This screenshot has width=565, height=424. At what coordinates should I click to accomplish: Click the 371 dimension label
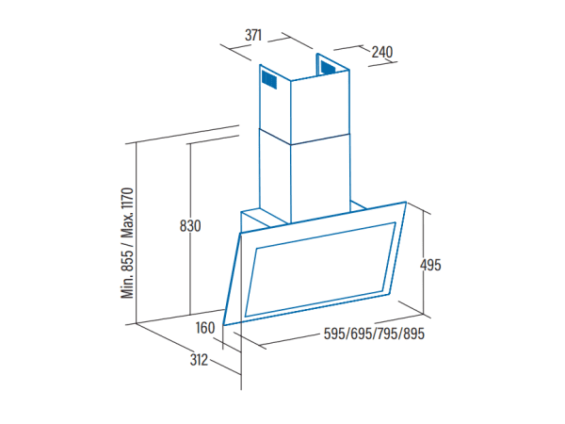point(253,36)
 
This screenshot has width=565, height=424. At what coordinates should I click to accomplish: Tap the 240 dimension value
point(382,52)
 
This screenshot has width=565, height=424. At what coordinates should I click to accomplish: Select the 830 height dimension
point(190,226)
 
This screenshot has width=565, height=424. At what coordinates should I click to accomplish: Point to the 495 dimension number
point(430,266)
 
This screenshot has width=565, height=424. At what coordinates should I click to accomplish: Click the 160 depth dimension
point(205,328)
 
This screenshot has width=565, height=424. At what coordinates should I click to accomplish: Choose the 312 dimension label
point(200,360)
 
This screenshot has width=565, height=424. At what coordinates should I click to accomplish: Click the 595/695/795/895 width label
point(374,334)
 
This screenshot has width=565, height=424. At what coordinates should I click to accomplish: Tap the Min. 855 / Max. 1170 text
point(127,243)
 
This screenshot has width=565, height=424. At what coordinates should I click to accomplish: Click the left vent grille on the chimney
point(269,80)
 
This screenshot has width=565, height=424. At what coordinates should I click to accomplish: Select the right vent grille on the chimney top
point(328,67)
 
